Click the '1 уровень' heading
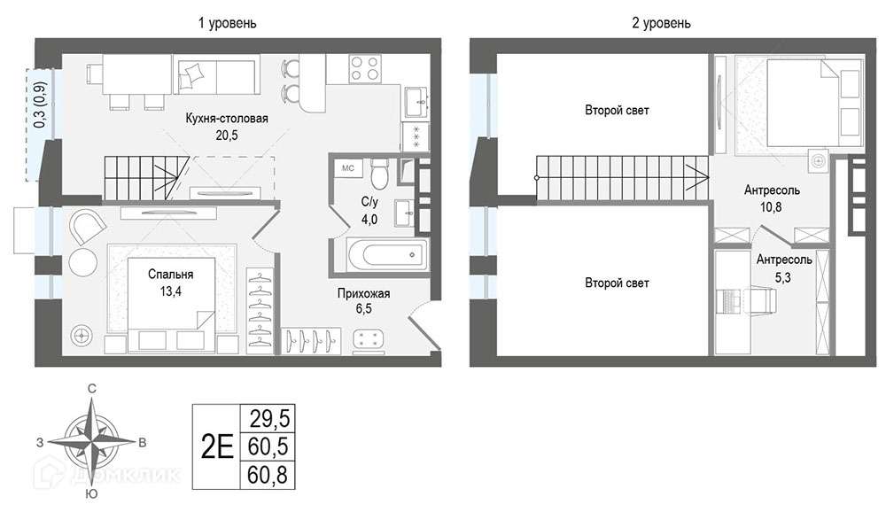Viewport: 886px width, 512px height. pyautogui.click(x=227, y=23)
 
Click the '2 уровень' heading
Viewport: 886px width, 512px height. pyautogui.click(x=661, y=23)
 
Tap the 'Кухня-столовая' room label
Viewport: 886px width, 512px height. pyautogui.click(x=227, y=118)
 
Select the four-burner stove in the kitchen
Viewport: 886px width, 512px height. pyautogui.click(x=364, y=68)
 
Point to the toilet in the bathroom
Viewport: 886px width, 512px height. pyautogui.click(x=379, y=173)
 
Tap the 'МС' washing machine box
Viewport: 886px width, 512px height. pyautogui.click(x=348, y=167)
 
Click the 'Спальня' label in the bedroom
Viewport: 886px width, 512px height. pyautogui.click(x=171, y=275)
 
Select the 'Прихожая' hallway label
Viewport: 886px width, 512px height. pyautogui.click(x=364, y=293)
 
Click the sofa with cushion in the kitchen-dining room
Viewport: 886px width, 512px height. pyautogui.click(x=216, y=74)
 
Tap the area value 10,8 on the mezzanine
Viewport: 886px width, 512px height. pyautogui.click(x=771, y=206)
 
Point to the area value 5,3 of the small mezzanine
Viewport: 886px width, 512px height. pyautogui.click(x=783, y=277)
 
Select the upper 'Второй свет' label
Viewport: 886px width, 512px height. pyautogui.click(x=617, y=110)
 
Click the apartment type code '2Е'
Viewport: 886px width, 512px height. pyautogui.click(x=217, y=447)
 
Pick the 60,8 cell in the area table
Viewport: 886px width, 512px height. pyautogui.click(x=268, y=476)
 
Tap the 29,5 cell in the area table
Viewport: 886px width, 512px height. pyautogui.click(x=269, y=419)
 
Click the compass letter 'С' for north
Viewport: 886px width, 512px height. pyautogui.click(x=91, y=388)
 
